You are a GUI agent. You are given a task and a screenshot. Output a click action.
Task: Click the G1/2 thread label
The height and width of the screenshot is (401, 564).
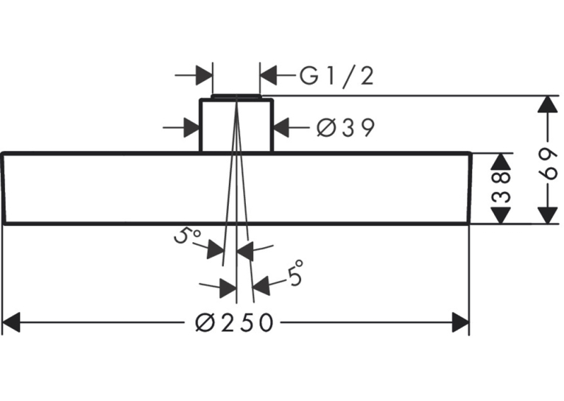[x=337, y=77]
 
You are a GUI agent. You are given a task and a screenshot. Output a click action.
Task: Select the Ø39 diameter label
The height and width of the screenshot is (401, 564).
[x=345, y=127]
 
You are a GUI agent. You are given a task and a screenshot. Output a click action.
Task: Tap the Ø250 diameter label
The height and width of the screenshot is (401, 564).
[x=234, y=322]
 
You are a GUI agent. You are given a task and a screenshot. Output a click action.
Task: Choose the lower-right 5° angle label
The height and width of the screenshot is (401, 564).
[x=295, y=273]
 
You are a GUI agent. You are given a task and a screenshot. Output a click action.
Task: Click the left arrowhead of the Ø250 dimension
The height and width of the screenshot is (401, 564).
[x=11, y=322]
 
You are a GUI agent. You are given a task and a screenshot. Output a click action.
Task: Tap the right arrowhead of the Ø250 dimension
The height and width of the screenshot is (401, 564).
[x=460, y=322]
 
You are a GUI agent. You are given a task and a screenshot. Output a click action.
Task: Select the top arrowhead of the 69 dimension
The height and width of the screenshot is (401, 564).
[x=548, y=105]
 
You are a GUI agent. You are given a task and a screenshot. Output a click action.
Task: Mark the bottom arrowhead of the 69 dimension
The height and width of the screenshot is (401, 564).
[x=548, y=215]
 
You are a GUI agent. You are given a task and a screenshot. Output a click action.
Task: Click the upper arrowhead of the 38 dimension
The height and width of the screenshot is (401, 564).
[x=501, y=161]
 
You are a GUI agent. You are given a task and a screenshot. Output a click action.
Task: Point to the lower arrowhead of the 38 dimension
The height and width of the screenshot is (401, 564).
[x=501, y=215]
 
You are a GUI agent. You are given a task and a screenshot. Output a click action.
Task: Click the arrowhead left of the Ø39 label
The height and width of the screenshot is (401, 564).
[x=281, y=127]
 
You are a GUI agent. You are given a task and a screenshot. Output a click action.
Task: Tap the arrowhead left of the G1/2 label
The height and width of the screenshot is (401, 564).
[x=268, y=76]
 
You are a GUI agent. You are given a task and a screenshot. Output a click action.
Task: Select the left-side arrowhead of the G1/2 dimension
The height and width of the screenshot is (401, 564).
[x=204, y=76]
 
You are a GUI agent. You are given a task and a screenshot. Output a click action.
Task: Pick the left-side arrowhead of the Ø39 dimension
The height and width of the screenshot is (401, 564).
[x=191, y=127]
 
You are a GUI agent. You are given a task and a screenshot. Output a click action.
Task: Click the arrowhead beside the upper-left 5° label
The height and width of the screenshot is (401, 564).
[x=215, y=249]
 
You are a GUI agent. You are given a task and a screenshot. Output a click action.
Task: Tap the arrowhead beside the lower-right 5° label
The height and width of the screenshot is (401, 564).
[x=261, y=285]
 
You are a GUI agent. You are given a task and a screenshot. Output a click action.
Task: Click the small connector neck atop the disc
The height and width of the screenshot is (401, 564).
[x=236, y=124]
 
